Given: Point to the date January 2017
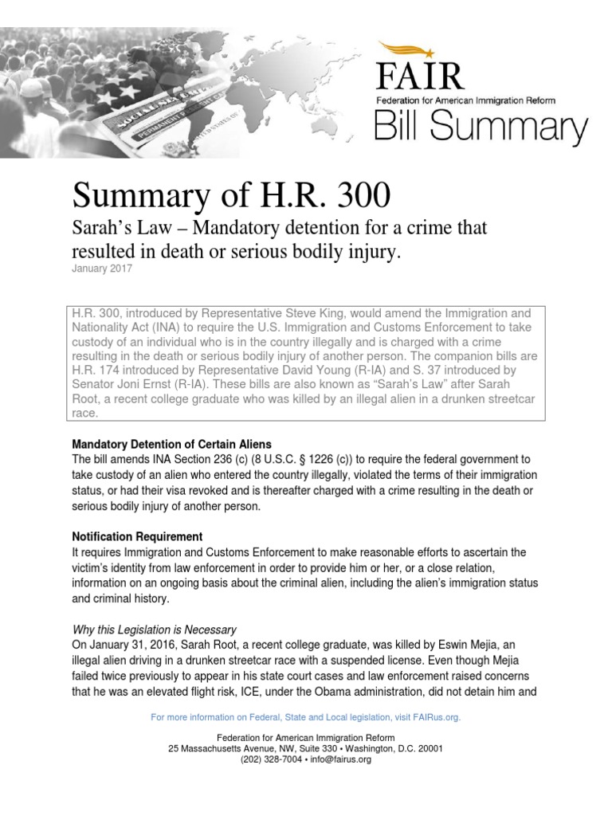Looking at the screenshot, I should [102, 269].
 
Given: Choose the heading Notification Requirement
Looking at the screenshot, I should [137, 536].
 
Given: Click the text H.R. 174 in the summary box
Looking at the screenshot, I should [96, 371].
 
